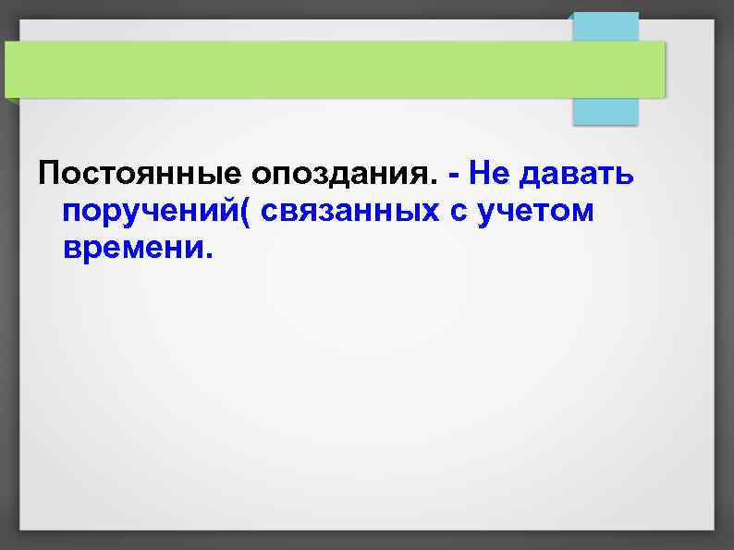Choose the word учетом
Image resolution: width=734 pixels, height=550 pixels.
(x=537, y=212)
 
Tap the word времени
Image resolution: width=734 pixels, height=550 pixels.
(x=133, y=248)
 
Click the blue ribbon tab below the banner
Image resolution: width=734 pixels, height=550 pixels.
(x=606, y=110)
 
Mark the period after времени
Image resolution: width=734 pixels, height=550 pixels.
(x=208, y=256)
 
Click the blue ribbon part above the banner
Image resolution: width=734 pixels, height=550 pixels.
(x=606, y=26)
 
